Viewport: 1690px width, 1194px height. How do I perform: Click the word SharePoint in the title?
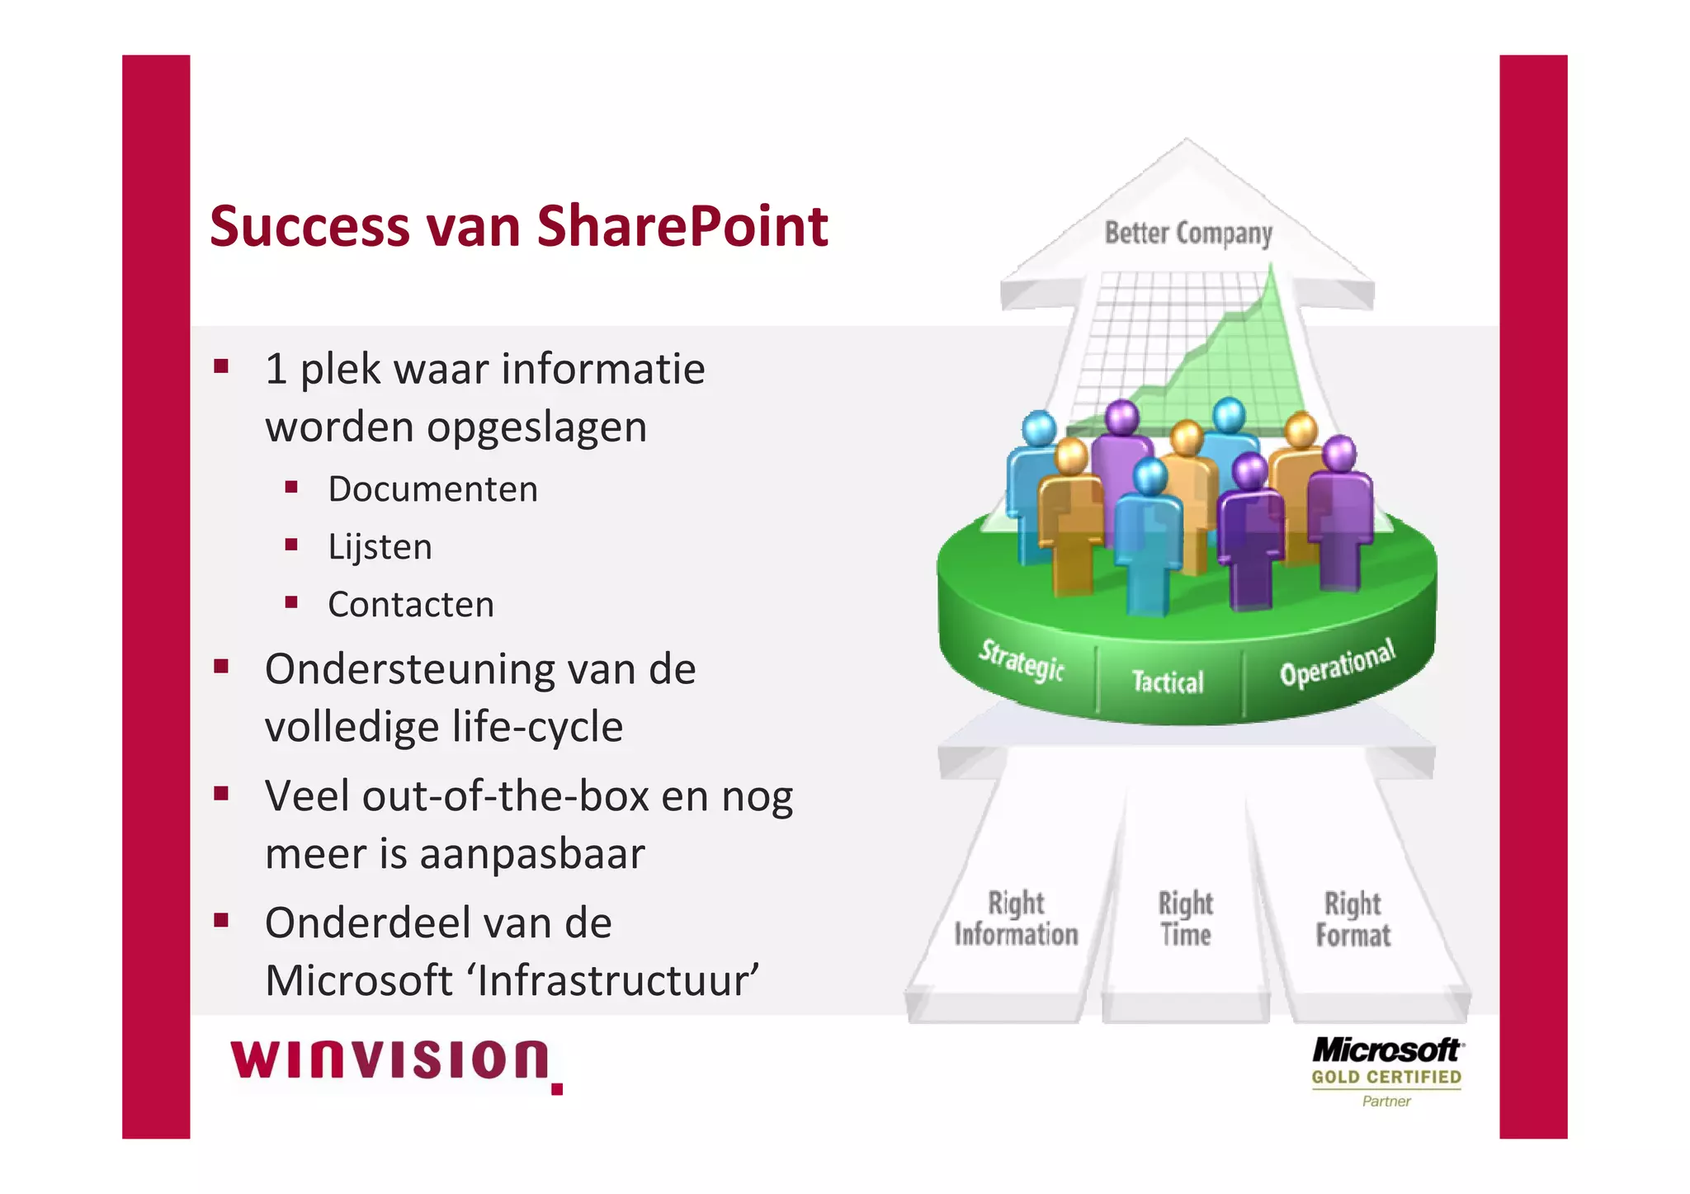(x=682, y=226)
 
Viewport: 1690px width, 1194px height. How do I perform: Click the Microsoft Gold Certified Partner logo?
(x=1386, y=1071)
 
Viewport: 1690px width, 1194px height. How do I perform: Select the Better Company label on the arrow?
(x=1188, y=234)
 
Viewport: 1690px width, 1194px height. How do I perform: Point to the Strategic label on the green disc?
(x=1022, y=660)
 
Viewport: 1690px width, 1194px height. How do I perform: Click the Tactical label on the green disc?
(x=1168, y=682)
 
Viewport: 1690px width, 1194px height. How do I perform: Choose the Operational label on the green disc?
(x=1337, y=663)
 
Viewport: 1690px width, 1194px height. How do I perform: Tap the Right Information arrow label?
(x=1016, y=918)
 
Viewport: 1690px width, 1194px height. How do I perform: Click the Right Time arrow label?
(x=1186, y=918)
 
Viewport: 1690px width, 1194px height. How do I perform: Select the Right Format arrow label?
(x=1353, y=918)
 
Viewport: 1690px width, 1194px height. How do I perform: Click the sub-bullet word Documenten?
(x=432, y=489)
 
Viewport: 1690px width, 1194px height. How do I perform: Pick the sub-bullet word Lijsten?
(x=380, y=547)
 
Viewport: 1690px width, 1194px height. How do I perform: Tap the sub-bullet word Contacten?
(x=411, y=605)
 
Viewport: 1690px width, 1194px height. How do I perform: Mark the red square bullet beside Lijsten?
(x=291, y=545)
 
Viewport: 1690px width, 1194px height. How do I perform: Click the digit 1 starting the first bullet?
(x=276, y=369)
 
